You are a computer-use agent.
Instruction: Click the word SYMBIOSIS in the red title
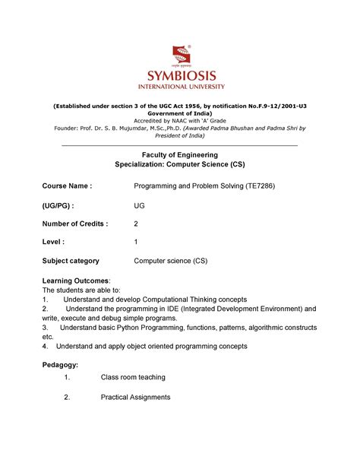click(179, 76)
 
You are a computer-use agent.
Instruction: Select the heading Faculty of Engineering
click(179, 154)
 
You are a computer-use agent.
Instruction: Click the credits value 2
click(137, 223)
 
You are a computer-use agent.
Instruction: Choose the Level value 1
click(136, 243)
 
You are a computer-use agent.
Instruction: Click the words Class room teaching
click(133, 378)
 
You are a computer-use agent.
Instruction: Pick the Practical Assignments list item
click(135, 397)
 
